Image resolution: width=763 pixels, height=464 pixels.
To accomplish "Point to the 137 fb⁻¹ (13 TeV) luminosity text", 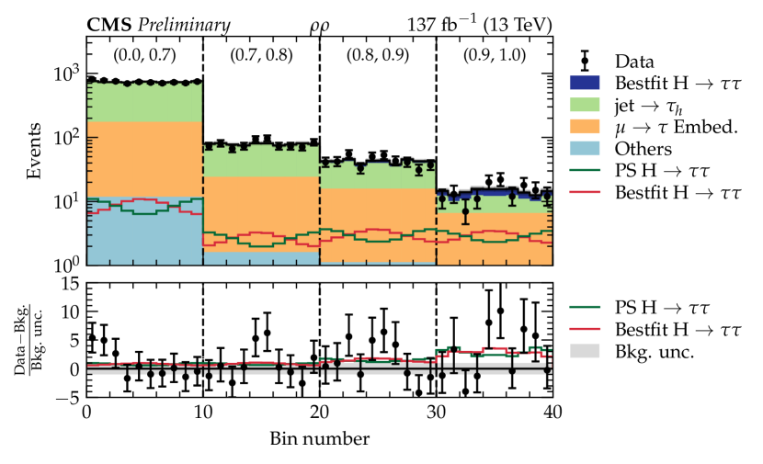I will point(477,25).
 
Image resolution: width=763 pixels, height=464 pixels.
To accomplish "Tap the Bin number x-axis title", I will point(319,438).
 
